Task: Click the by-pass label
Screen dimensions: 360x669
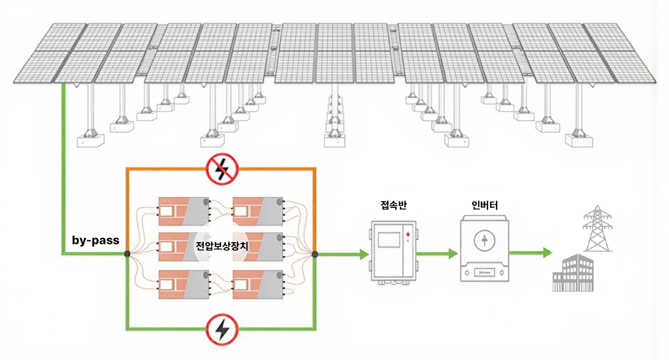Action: pyautogui.click(x=95, y=240)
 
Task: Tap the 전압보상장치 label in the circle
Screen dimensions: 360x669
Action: pyautogui.click(x=221, y=246)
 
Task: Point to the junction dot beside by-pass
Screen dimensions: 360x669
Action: pyautogui.click(x=127, y=254)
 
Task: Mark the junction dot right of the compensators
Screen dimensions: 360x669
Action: pyautogui.click(x=315, y=254)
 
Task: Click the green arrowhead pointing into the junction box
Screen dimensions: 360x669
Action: pyautogui.click(x=363, y=254)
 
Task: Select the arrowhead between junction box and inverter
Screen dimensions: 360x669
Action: pyautogui.click(x=452, y=254)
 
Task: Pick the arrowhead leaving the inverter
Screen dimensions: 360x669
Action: pyautogui.click(x=546, y=252)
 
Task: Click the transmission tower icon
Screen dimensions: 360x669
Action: pyautogui.click(x=597, y=228)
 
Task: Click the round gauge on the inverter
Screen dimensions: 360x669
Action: pyautogui.click(x=484, y=240)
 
